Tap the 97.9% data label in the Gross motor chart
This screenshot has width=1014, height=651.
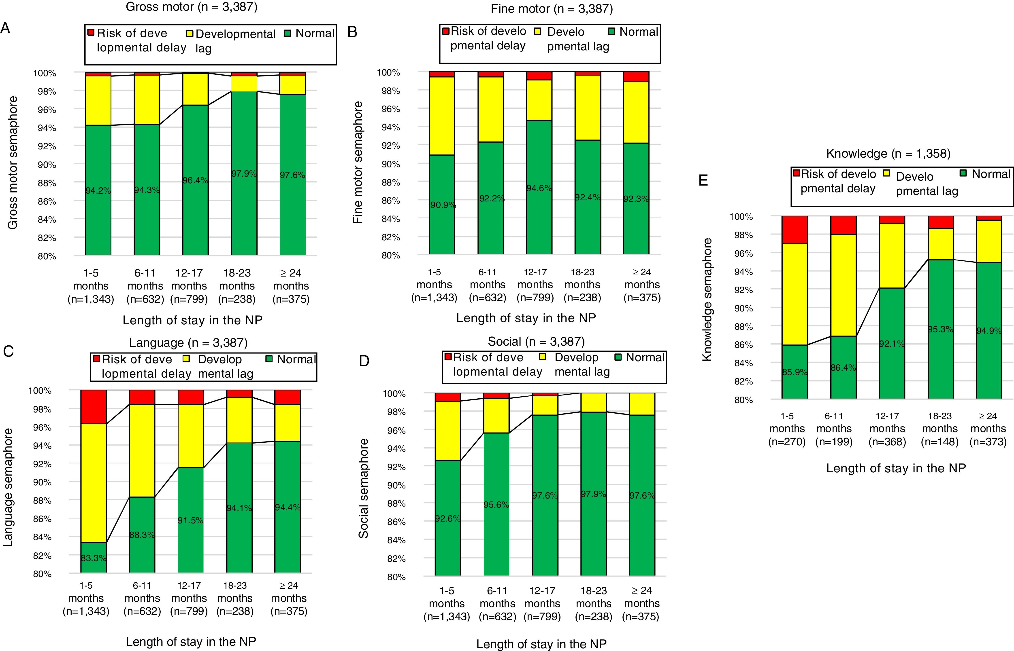[x=244, y=174]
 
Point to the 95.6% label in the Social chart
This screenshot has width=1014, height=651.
[x=496, y=505]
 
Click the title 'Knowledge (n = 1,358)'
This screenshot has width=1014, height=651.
[x=888, y=153]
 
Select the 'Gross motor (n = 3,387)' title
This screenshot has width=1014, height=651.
[x=192, y=7]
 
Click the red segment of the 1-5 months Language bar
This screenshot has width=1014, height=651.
[x=94, y=407]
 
